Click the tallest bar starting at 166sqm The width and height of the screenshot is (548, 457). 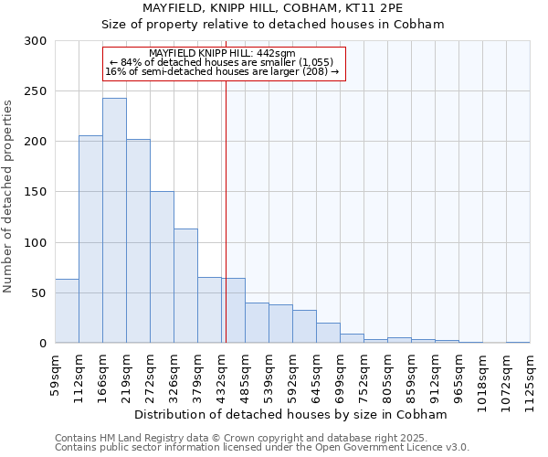[x=114, y=220]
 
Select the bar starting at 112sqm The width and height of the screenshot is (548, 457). [x=90, y=239]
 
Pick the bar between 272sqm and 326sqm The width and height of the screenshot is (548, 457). [x=162, y=267]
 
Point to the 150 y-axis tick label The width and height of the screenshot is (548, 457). [x=35, y=192]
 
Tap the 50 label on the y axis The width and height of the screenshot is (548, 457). [x=38, y=293]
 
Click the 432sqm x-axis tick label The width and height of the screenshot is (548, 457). [x=221, y=374]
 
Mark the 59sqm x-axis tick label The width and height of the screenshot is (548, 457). [x=55, y=371]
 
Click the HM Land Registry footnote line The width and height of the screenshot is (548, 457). [x=261, y=438]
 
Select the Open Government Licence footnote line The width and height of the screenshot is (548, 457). [x=261, y=448]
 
